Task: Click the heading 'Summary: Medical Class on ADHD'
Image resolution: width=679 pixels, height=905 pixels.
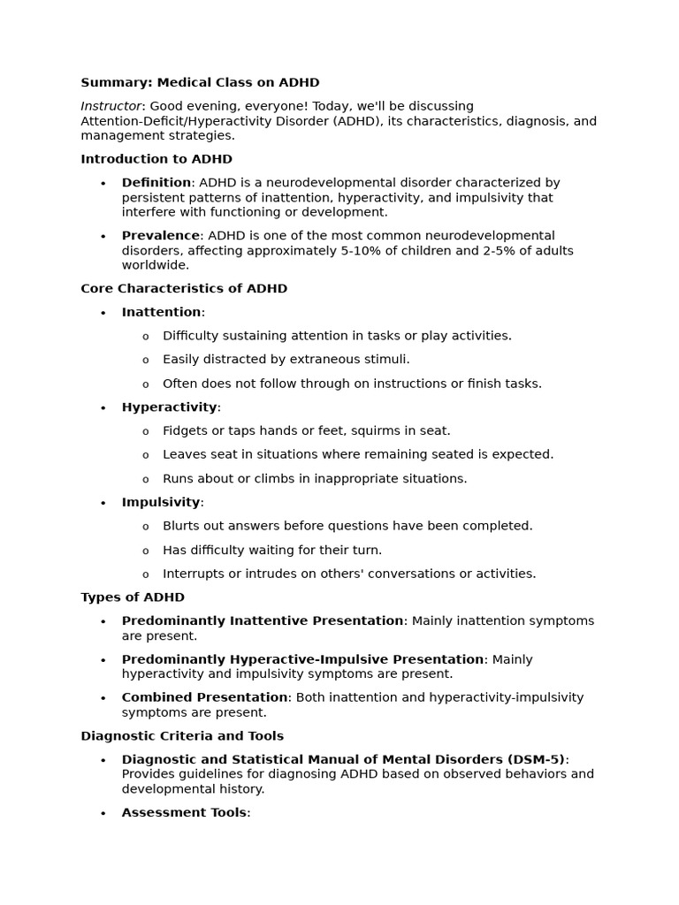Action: [200, 83]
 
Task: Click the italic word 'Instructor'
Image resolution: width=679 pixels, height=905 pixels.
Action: [111, 106]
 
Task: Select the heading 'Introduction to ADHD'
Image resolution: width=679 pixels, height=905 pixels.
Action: [156, 159]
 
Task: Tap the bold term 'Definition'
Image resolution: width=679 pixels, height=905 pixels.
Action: [156, 183]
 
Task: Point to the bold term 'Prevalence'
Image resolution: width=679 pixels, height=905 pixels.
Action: [161, 236]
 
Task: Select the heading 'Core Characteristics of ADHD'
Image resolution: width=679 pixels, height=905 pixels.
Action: [184, 289]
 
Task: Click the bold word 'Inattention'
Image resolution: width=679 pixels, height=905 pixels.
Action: [162, 312]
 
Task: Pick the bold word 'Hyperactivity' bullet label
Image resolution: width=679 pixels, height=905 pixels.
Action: [170, 407]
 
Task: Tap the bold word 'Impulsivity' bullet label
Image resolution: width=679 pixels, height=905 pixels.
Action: [161, 502]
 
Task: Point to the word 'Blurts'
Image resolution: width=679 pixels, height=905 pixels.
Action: [182, 526]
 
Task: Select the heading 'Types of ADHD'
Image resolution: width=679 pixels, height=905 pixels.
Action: [133, 597]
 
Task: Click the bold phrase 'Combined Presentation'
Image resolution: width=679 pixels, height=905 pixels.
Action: [205, 697]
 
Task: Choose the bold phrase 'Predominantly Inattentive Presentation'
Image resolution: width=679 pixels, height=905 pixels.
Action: [263, 621]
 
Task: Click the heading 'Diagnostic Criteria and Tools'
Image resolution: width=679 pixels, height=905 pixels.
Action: [182, 736]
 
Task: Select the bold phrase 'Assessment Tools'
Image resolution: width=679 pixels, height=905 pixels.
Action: [184, 812]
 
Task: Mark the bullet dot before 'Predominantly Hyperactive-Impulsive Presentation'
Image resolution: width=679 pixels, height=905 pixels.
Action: [103, 660]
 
